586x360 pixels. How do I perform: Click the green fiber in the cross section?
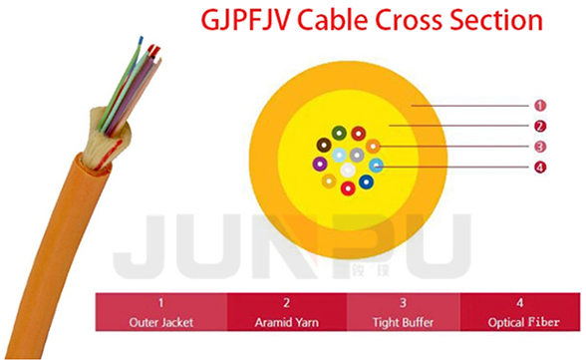339,133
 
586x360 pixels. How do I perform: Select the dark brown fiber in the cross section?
324,145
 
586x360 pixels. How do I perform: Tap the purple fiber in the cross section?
320,164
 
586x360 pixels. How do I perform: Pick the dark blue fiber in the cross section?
367,182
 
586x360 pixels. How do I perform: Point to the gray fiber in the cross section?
357,155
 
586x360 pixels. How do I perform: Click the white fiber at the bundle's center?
348,171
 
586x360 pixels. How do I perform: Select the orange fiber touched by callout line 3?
373,146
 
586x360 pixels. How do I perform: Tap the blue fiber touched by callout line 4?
377,166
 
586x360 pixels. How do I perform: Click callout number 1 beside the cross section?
540,106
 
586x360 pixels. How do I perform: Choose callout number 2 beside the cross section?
540,127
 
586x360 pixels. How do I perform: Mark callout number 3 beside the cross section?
540,147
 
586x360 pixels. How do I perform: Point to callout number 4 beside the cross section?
540,168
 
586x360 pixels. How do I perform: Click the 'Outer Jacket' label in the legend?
161,323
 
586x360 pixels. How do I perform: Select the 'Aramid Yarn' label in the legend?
287,323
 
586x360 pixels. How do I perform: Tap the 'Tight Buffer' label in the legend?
404,323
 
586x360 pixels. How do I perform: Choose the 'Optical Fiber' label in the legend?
524,323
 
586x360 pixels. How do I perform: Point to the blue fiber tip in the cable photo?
141,40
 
